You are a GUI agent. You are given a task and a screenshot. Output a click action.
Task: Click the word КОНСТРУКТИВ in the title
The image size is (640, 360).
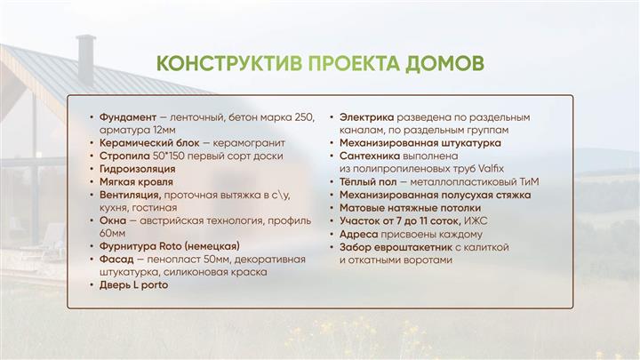point(229,63)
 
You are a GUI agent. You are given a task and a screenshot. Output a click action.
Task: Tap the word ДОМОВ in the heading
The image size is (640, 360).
point(444,64)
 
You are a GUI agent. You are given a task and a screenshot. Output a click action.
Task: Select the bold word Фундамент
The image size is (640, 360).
point(128,117)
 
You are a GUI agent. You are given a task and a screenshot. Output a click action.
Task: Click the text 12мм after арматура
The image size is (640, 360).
point(164,130)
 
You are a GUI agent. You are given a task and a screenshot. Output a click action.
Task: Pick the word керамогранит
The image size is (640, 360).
point(249,143)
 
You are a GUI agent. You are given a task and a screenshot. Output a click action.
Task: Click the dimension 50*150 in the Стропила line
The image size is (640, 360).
point(168,156)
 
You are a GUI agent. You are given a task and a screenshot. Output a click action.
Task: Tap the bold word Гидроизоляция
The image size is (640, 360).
point(137,169)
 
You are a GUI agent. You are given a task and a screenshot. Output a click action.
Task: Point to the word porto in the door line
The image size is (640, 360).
point(155,285)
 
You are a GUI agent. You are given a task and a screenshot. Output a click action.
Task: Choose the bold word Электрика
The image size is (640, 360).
point(366,117)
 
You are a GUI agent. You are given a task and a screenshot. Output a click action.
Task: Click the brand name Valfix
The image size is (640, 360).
point(491,169)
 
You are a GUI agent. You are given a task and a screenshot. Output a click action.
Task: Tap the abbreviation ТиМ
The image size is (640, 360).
point(530,182)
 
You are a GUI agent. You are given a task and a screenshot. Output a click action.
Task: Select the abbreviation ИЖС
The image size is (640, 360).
point(476,220)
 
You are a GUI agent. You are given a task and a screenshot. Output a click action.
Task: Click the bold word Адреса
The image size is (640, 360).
point(359,235)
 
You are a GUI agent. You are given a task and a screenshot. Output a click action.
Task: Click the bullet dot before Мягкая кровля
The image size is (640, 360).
point(92,182)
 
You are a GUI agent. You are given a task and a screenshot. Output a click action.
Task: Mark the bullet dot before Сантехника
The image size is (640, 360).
point(332,156)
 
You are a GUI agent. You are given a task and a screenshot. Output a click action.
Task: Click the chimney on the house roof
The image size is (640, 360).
point(86,60)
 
